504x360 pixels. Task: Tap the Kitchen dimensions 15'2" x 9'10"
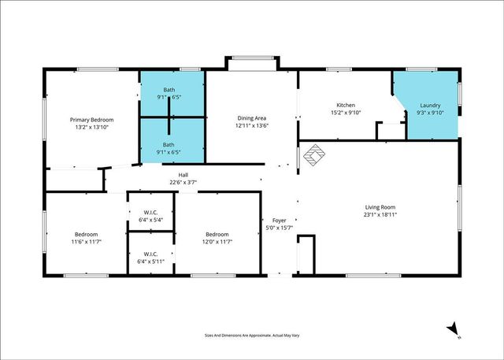point(346,113)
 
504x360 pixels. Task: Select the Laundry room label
point(430,105)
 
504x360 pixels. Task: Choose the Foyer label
point(279,220)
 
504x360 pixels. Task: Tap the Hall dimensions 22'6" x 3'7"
point(183,183)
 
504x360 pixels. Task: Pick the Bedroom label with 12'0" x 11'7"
point(217,234)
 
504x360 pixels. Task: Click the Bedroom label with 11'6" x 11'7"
point(86,234)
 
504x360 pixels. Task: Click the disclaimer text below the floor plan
point(252,335)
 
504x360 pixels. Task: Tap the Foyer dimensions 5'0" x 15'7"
point(279,228)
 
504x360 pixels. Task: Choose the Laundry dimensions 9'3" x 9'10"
point(430,113)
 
